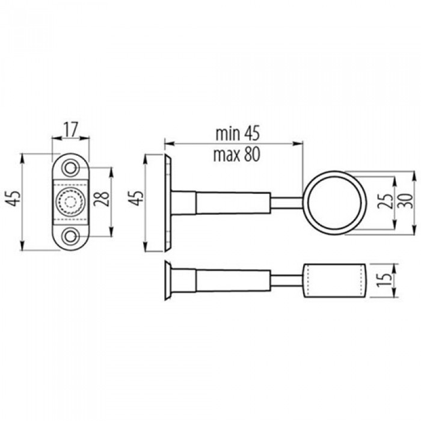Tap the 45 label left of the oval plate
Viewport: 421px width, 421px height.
point(13,198)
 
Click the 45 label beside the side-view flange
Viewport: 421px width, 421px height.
point(137,198)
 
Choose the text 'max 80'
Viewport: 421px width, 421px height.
point(237,155)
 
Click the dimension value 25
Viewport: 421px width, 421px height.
point(385,200)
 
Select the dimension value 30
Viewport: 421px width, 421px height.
point(406,201)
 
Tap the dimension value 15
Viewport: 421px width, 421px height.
point(384,280)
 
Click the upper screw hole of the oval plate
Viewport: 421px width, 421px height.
point(70,168)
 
